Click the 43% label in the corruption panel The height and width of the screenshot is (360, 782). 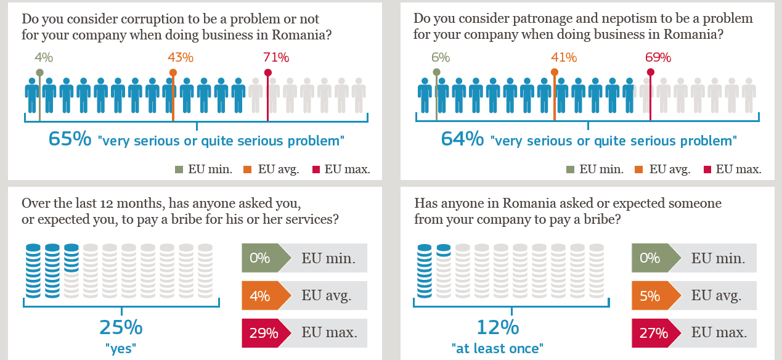click(x=181, y=58)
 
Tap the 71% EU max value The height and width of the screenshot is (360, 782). click(x=276, y=58)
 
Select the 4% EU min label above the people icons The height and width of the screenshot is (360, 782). click(x=44, y=58)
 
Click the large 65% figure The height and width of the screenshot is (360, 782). click(x=70, y=138)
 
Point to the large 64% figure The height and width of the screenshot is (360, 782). click(x=462, y=138)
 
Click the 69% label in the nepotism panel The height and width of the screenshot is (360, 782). click(x=658, y=58)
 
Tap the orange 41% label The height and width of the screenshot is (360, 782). click(x=564, y=58)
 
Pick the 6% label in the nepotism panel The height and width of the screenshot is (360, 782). click(x=441, y=58)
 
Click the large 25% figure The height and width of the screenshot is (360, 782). click(x=121, y=327)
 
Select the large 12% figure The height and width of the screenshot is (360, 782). click(x=497, y=327)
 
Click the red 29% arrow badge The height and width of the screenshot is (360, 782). click(x=263, y=333)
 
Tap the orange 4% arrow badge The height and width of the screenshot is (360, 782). click(x=261, y=296)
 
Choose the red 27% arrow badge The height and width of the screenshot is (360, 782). click(x=653, y=333)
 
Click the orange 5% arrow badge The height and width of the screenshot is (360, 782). click(x=651, y=296)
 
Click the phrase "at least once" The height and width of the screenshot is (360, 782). click(x=497, y=348)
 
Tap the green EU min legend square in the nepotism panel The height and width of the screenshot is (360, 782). click(x=571, y=170)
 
